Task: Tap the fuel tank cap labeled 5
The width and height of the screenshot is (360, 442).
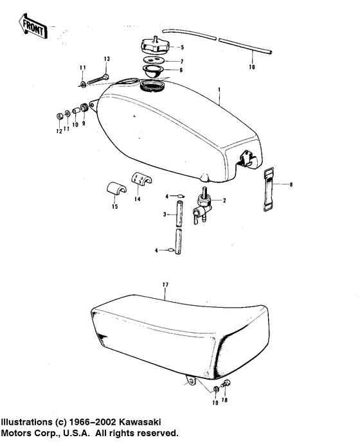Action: pos(153,47)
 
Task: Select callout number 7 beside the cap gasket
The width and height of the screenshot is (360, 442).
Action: pos(181,60)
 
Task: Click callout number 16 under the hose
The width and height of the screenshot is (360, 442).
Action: pos(252,66)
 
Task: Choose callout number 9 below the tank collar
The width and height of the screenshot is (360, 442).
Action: pos(83,123)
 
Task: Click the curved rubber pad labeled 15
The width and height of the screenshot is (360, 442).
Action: pos(114,190)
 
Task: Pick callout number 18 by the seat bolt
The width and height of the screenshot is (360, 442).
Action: pos(224,400)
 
